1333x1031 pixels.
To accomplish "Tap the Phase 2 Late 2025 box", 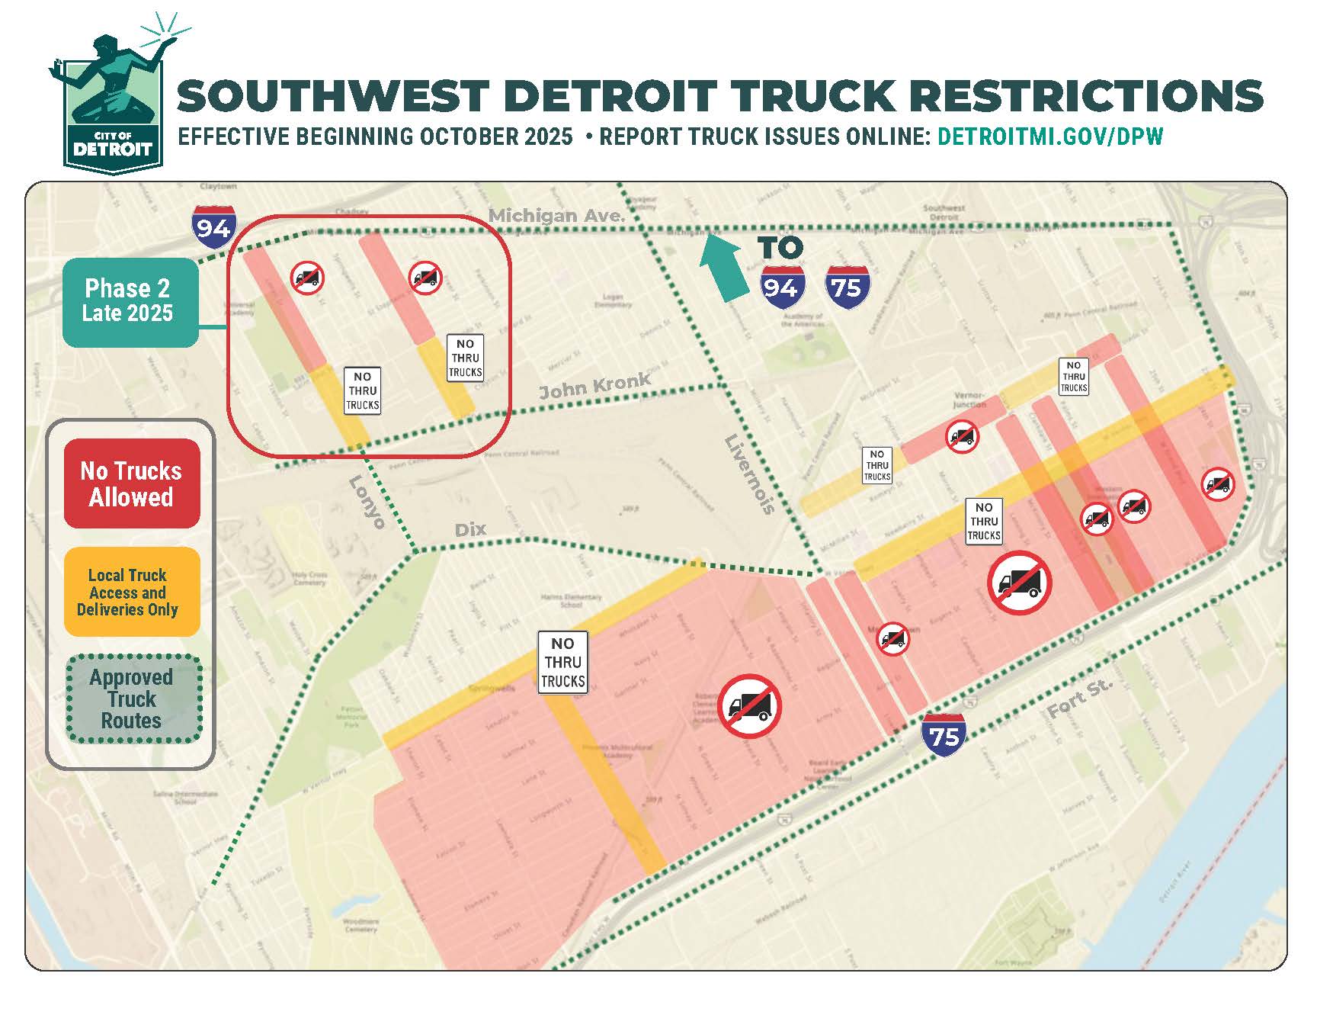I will point(129,302).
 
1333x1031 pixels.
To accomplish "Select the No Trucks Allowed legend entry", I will point(131,483).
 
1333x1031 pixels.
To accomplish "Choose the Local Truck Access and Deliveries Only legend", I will point(131,592).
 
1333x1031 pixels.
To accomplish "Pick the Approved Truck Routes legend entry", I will point(131,699).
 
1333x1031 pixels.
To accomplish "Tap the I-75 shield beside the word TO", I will point(847,287).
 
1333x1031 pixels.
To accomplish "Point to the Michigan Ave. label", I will point(556,216).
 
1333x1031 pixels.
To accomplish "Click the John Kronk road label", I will point(594,386).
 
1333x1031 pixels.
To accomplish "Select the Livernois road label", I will point(748,474).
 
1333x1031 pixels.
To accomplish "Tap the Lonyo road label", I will point(367,502).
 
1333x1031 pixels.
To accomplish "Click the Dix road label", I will point(470,529).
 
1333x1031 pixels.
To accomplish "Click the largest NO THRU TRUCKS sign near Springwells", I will point(562,662).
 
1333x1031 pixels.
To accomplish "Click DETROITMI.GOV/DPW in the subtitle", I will point(1050,137).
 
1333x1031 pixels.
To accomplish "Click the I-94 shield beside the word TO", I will point(782,287).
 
